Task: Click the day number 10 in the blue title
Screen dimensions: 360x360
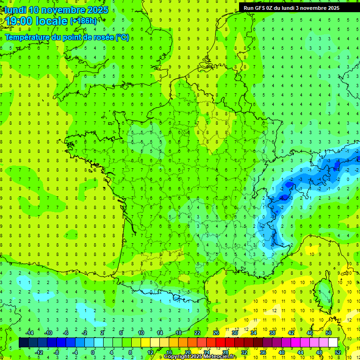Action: pyautogui.click(x=33, y=10)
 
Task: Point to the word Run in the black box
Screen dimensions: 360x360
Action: pyautogui.click(x=248, y=8)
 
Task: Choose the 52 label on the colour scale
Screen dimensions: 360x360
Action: pyautogui.click(x=338, y=352)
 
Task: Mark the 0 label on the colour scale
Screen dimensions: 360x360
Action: pyautogui.click(x=93, y=352)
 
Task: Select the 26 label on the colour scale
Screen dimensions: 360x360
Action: pyautogui.click(x=216, y=333)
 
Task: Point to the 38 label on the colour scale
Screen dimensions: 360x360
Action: pyautogui.click(x=272, y=333)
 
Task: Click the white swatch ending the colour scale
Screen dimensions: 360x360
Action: pyautogui.click(x=333, y=343)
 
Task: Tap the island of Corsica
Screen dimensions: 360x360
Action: pyautogui.click(x=322, y=293)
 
